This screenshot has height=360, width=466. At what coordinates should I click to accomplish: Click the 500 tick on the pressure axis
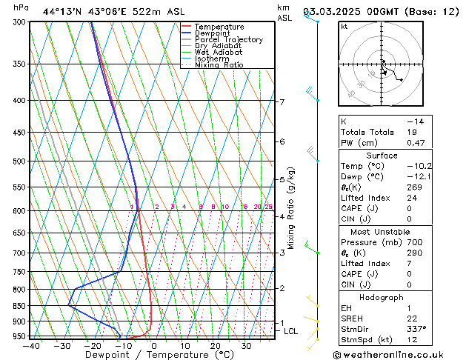click(x=19, y=161)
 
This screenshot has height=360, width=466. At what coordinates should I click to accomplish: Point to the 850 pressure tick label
click(x=19, y=305)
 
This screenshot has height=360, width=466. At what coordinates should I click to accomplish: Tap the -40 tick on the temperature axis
click(x=30, y=345)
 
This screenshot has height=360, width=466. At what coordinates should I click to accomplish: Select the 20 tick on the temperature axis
click(x=215, y=345)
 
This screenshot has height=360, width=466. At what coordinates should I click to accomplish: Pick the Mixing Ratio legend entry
click(x=219, y=65)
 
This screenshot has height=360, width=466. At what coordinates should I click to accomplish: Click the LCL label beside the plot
click(x=290, y=331)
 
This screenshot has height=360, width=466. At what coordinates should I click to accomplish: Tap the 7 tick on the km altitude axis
click(x=282, y=101)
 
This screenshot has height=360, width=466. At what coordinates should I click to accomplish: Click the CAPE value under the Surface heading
click(x=410, y=208)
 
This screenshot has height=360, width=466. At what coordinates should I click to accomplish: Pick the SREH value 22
click(x=412, y=318)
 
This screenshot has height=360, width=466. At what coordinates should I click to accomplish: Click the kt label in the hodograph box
click(x=344, y=26)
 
